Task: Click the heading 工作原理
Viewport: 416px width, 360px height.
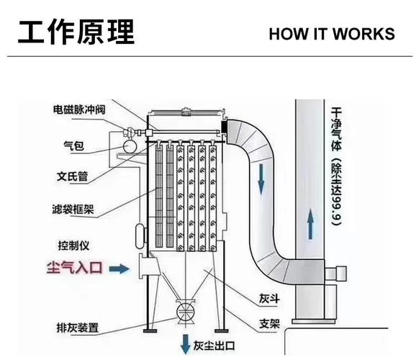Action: click(x=76, y=32)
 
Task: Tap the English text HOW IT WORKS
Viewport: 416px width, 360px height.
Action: click(x=332, y=34)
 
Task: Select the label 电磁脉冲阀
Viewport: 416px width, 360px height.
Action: click(x=79, y=109)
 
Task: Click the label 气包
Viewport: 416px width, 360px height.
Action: click(x=73, y=145)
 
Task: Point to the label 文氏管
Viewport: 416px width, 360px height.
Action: click(x=72, y=176)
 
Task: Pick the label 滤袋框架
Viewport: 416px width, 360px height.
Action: click(x=73, y=210)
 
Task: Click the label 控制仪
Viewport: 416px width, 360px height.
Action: click(x=73, y=246)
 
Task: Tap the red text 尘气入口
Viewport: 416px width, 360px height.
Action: click(x=74, y=267)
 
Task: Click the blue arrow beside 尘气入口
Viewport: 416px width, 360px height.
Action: click(x=119, y=269)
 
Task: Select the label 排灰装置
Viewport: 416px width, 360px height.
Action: click(x=78, y=328)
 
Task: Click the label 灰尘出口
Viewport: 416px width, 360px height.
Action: click(x=214, y=346)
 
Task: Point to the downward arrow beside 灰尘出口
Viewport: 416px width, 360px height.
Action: click(x=185, y=344)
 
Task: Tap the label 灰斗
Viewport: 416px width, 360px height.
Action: click(x=269, y=299)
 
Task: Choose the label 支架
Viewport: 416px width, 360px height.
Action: click(x=269, y=323)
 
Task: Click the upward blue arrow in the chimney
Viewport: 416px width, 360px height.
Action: click(x=310, y=224)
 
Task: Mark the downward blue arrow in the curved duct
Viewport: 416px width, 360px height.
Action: click(x=261, y=179)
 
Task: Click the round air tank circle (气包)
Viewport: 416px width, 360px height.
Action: click(x=130, y=147)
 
